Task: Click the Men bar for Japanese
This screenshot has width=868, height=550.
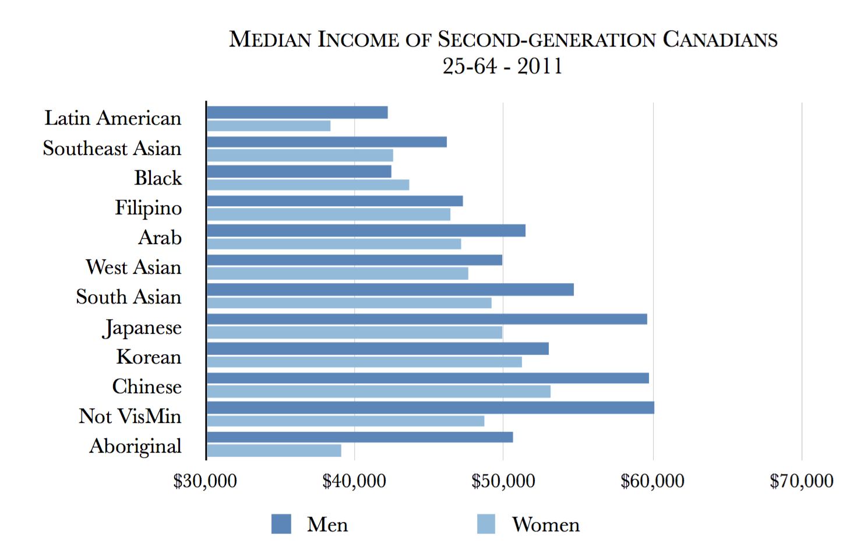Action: [x=427, y=319]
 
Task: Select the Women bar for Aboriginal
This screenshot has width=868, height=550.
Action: [x=274, y=450]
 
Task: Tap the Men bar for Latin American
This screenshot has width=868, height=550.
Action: [x=297, y=112]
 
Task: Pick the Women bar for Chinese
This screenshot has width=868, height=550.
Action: [x=379, y=392]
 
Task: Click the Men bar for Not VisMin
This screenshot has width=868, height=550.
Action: [x=431, y=407]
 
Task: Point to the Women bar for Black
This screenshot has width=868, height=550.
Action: [x=308, y=185]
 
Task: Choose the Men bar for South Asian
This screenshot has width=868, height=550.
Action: [x=390, y=290]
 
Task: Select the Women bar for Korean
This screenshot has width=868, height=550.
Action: [x=364, y=362]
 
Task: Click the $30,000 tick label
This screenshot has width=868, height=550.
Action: [x=205, y=481]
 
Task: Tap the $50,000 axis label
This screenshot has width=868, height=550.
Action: [x=503, y=481]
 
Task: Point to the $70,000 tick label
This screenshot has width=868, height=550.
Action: [x=802, y=481]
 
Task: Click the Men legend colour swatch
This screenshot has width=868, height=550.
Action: [x=281, y=524]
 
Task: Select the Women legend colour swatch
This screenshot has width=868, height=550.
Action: [x=486, y=524]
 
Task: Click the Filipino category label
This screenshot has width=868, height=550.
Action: [x=148, y=208]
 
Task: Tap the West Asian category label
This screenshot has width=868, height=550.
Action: [x=133, y=267]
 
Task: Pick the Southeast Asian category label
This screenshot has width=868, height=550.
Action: [x=112, y=149]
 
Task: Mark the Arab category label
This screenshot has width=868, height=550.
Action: [x=160, y=238]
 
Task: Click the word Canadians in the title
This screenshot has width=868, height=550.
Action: [x=720, y=40]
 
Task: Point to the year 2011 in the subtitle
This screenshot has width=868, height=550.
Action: [x=540, y=66]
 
